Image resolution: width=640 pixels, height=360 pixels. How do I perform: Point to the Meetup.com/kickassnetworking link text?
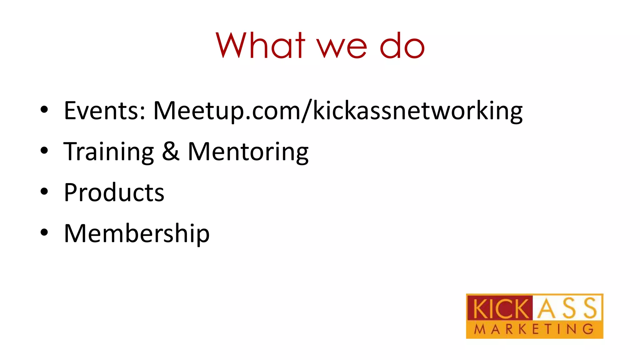pos(338,111)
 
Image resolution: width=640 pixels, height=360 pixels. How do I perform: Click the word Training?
pos(108,152)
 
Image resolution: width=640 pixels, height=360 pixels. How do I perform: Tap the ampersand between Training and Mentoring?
pos(171,151)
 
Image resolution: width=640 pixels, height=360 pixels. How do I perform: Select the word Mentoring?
pos(248,152)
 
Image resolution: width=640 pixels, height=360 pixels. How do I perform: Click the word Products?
pos(114,192)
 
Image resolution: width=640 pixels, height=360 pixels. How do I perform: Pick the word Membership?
pos(137,233)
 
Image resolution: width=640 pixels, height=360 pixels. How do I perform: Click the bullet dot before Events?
pos(44,110)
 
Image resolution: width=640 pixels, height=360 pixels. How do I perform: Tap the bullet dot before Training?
pos(44,151)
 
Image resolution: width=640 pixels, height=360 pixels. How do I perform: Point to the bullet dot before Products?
pos(44,192)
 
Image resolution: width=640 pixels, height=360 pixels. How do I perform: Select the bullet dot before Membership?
pos(44,232)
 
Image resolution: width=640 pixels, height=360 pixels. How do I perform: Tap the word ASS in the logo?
pos(567,308)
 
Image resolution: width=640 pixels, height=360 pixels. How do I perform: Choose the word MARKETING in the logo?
pos(534,329)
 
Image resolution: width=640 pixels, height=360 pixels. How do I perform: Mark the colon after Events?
pos(142,112)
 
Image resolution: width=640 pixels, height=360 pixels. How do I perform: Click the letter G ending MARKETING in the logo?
pos(589,329)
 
